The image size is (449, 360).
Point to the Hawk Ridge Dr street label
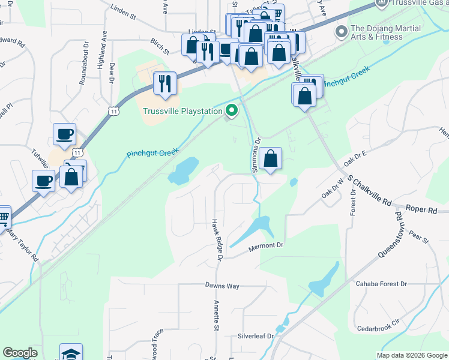(x=217, y=239)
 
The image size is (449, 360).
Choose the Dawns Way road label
(x=222, y=286)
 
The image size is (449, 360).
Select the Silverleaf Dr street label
(x=255, y=336)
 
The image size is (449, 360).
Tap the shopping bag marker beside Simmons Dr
(x=271, y=160)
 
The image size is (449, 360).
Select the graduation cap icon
(x=71, y=353)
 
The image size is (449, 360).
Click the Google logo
(x=20, y=353)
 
